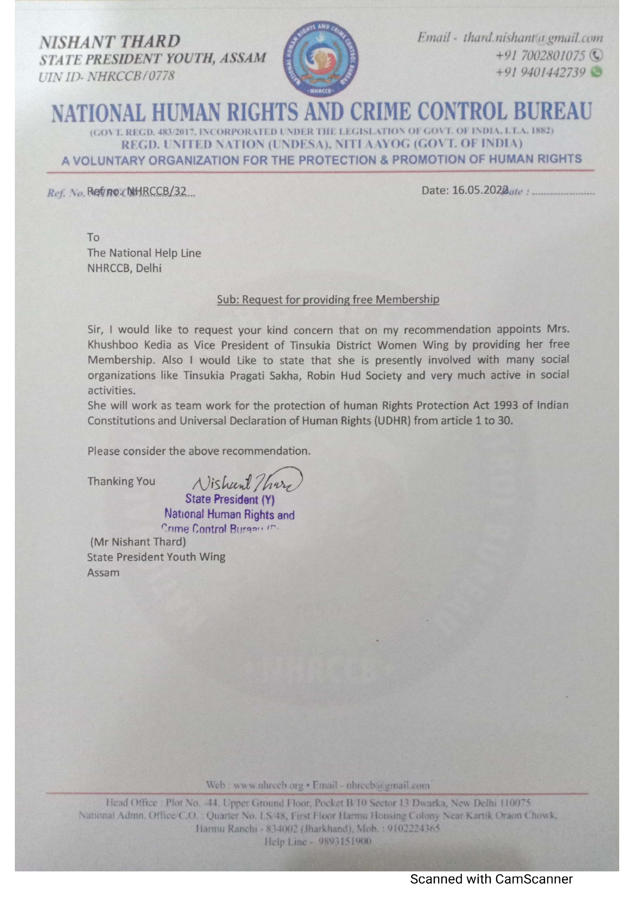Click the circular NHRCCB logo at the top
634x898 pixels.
(321, 59)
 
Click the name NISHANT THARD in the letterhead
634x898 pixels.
(110, 41)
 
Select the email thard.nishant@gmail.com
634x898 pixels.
(533, 37)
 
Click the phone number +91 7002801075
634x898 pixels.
(540, 55)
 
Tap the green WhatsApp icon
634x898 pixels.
(596, 72)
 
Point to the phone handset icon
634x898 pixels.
(596, 55)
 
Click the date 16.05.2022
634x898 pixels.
(479, 190)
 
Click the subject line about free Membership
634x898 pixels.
(328, 299)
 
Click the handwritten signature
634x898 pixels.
(246, 481)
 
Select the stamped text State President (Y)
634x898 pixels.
(230, 499)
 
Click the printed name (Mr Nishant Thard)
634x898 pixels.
(138, 542)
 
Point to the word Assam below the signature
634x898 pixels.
(103, 573)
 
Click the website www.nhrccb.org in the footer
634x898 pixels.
(268, 785)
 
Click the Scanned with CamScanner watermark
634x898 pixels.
(491, 879)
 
